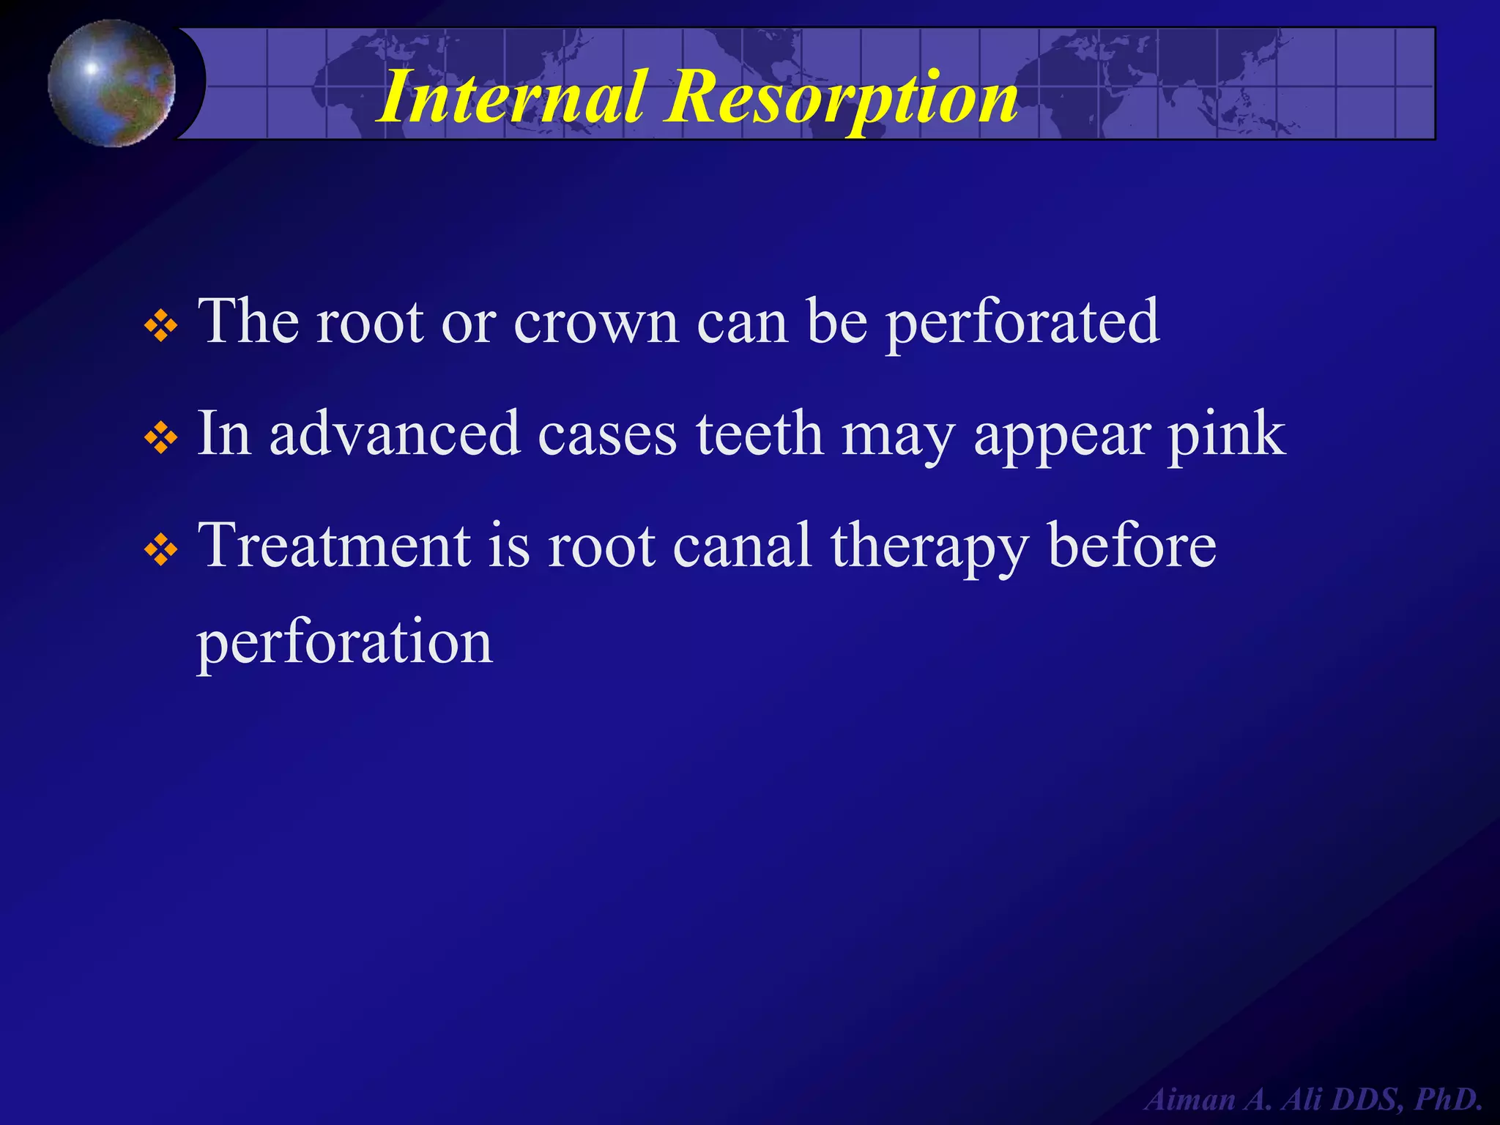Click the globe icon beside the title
(x=112, y=83)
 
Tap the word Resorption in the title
(x=841, y=97)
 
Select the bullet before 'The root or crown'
(x=160, y=327)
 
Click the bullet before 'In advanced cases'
(x=160, y=439)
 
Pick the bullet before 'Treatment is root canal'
(x=160, y=551)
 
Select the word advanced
(x=395, y=434)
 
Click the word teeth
(x=760, y=434)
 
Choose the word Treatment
(x=335, y=546)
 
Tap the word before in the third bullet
(x=1132, y=546)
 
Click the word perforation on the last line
(x=345, y=643)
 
